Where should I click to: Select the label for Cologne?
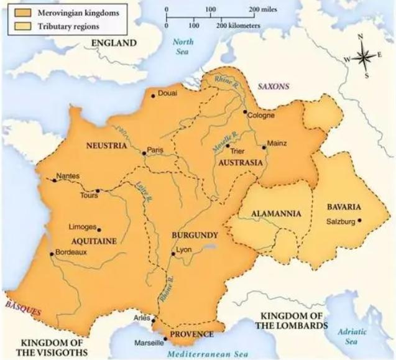point(260,116)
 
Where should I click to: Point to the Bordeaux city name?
point(71,252)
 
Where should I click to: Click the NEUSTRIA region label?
point(106,145)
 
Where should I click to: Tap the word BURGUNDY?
point(195,236)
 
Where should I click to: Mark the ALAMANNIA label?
point(276,214)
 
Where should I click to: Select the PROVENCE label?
point(193,335)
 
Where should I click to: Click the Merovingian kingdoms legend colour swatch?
point(17,12)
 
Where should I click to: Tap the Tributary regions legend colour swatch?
point(17,26)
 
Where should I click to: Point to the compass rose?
point(365,57)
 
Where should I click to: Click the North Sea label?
point(183,47)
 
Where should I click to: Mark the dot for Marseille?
point(165,339)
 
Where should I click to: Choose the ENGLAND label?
point(113,43)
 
